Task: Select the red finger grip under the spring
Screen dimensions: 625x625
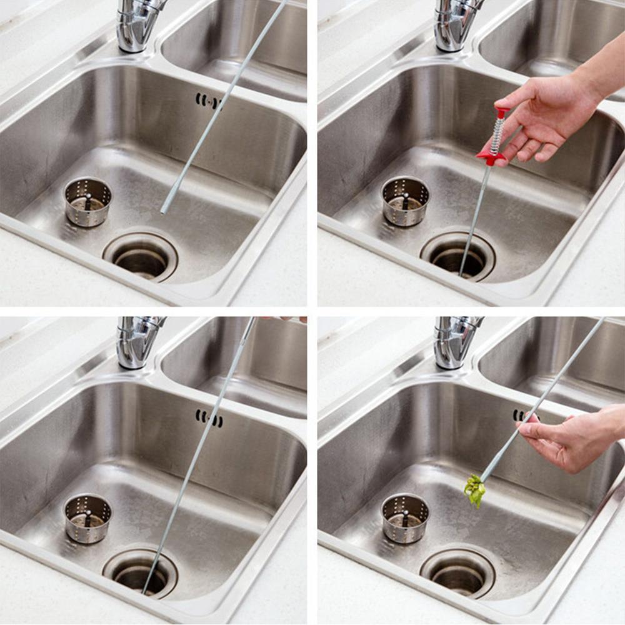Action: click(x=491, y=158)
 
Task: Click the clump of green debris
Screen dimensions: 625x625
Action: click(x=475, y=489)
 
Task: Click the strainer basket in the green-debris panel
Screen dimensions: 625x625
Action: click(x=405, y=517)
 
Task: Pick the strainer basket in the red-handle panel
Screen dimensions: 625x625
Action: click(x=405, y=200)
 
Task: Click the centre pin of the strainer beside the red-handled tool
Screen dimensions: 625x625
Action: click(x=406, y=199)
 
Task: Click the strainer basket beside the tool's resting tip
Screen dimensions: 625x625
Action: click(x=87, y=201)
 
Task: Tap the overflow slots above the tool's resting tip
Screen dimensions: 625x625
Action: click(x=209, y=100)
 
